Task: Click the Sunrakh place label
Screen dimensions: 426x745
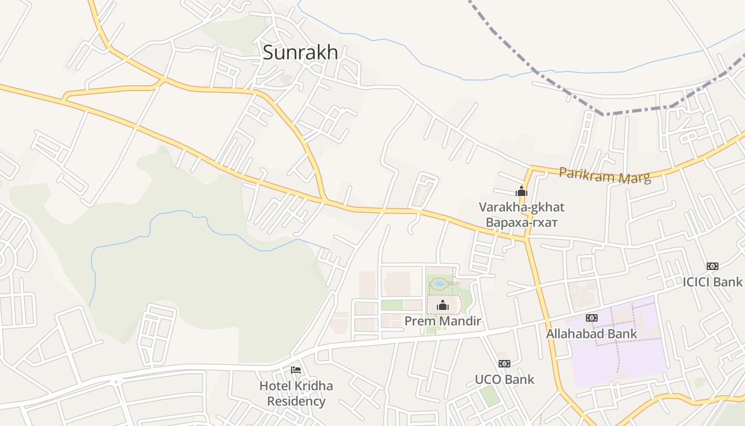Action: (x=300, y=52)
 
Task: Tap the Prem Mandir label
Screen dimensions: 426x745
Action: (x=443, y=321)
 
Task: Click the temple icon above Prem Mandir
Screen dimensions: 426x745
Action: (x=443, y=305)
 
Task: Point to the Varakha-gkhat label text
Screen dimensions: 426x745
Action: (x=521, y=207)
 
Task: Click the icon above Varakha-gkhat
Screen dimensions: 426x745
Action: (x=521, y=191)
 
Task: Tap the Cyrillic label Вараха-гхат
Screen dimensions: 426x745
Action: (x=521, y=222)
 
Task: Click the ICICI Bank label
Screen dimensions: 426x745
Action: (x=713, y=282)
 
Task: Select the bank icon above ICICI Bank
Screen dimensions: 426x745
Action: (x=713, y=266)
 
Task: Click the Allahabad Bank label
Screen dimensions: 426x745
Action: (x=591, y=334)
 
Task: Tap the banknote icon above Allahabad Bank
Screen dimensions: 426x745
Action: (x=591, y=318)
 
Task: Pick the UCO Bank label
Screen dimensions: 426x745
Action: (x=504, y=380)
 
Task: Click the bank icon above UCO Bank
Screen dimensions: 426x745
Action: (x=504, y=364)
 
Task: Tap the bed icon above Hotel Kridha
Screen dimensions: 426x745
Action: (x=296, y=370)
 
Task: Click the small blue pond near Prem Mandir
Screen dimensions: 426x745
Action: (x=439, y=284)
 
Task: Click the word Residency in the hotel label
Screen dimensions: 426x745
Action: (x=296, y=401)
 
